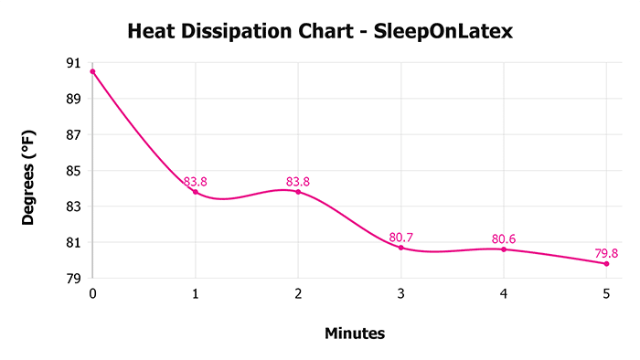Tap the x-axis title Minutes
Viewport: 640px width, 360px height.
tap(355, 334)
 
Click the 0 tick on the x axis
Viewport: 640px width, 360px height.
tap(92, 293)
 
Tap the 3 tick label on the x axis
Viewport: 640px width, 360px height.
tap(400, 293)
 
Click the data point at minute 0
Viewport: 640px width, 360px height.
tap(92, 71)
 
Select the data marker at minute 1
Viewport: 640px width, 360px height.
tap(195, 192)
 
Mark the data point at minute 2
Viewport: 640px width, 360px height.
tap(298, 192)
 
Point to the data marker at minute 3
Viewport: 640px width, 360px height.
tap(400, 248)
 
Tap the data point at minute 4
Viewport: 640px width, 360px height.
tap(504, 249)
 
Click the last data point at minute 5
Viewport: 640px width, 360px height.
tap(606, 263)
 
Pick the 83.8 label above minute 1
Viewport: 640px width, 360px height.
tap(195, 182)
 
